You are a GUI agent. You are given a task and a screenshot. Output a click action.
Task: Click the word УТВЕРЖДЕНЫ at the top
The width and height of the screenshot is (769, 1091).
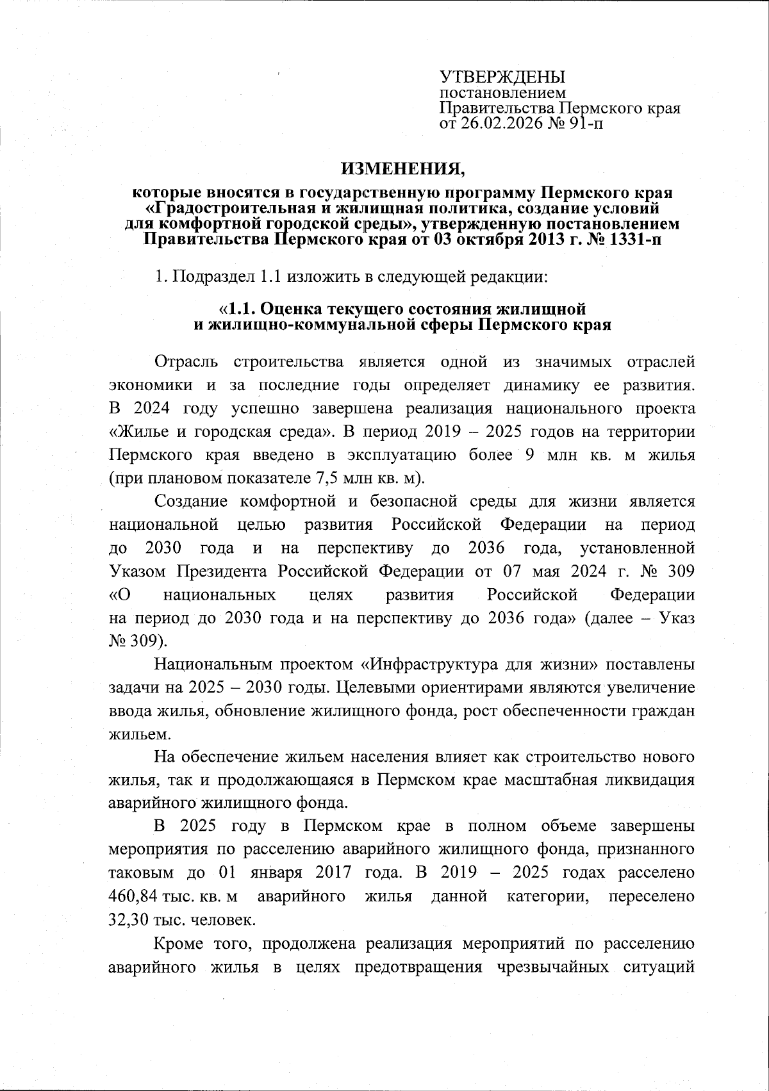tap(502, 78)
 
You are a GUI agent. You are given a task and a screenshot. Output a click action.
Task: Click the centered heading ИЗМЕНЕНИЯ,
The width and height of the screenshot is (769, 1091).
tap(402, 168)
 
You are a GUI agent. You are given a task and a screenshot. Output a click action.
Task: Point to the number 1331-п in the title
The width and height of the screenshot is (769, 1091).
tap(634, 240)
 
